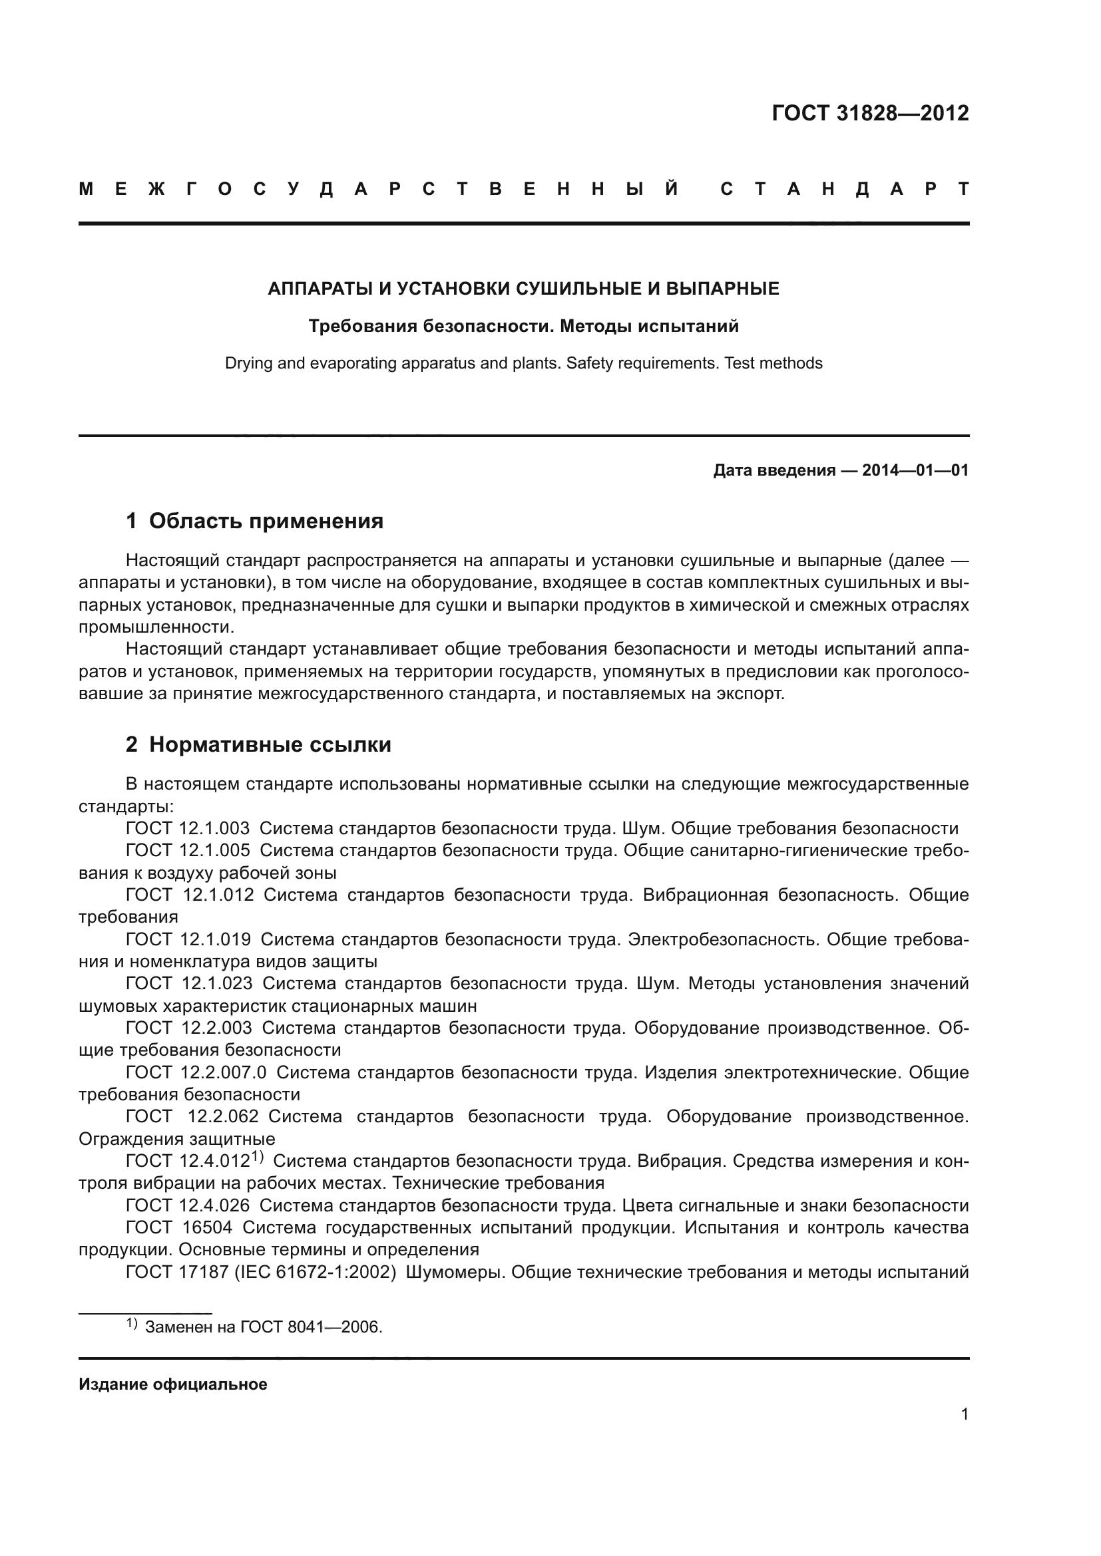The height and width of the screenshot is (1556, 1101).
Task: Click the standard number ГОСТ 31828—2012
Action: [870, 113]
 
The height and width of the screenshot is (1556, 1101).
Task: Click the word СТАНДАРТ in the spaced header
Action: [844, 190]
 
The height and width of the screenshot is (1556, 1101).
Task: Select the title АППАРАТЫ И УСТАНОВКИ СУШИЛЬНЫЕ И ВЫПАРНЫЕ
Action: [523, 289]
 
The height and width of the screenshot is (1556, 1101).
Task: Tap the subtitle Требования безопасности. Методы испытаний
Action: [523, 327]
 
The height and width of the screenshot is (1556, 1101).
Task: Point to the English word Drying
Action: [248, 364]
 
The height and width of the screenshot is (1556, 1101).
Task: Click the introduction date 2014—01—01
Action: [915, 470]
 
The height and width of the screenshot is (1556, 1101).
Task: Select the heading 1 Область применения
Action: [254, 521]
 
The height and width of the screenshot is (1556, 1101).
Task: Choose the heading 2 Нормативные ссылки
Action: [258, 745]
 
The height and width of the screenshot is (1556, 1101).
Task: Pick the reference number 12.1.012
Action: [218, 895]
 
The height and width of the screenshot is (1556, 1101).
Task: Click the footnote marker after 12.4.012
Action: [258, 1158]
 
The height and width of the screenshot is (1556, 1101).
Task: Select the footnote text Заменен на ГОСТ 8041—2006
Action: [264, 1327]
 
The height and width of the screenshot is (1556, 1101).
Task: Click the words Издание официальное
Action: [173, 1384]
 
